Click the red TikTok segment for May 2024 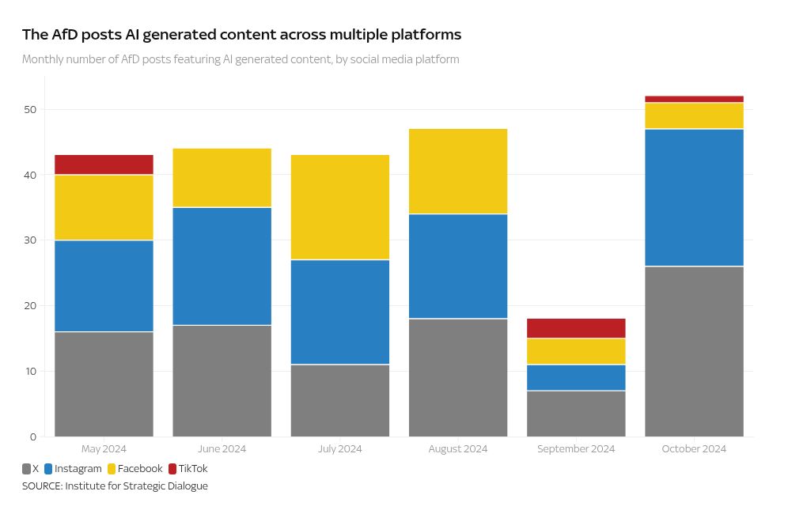(104, 164)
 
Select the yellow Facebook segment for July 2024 (339, 207)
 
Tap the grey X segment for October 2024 (694, 351)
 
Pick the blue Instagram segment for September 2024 (576, 377)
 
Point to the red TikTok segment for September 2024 (576, 328)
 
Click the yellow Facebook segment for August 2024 (457, 171)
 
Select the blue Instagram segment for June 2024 (222, 266)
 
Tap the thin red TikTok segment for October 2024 (694, 99)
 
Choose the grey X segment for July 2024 (339, 400)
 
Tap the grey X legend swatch (27, 469)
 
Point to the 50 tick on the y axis (30, 109)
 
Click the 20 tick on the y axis (30, 306)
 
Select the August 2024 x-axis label (457, 448)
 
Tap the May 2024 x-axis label (104, 448)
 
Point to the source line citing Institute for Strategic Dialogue (115, 486)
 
